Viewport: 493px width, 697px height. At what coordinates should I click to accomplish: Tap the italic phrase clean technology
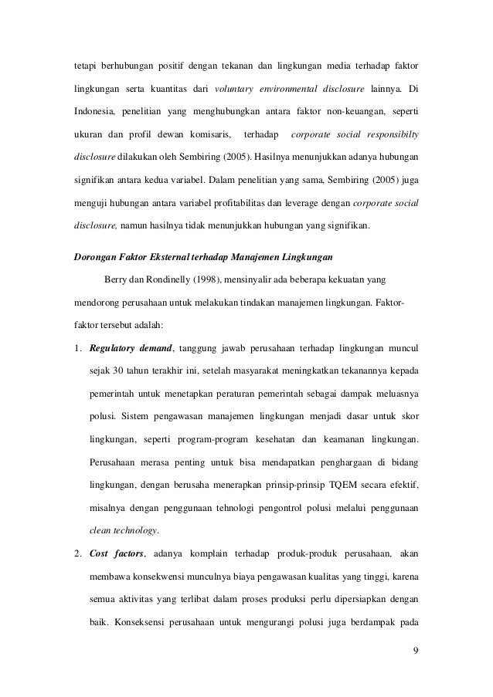[124, 530]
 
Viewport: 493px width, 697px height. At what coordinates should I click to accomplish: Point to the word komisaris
[207, 136]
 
